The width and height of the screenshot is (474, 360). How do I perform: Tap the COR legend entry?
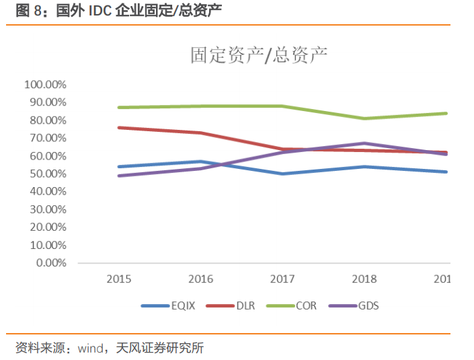[306, 306]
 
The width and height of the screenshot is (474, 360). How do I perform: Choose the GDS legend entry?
[368, 306]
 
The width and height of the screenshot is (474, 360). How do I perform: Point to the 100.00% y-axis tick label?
[44, 85]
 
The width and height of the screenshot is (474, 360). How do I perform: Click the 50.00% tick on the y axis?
[47, 174]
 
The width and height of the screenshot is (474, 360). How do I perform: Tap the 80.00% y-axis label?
[47, 120]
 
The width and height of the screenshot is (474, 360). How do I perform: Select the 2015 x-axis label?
[118, 279]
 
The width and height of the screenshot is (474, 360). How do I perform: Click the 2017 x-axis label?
[282, 279]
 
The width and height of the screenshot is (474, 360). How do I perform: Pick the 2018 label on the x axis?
[364, 279]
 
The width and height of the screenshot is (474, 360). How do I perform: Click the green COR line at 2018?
[364, 118]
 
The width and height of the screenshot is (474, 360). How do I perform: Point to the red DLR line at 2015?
[119, 127]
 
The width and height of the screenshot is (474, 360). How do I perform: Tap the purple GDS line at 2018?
[364, 143]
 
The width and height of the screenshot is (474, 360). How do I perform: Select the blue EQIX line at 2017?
[282, 174]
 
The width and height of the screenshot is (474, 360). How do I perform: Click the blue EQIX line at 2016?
[200, 161]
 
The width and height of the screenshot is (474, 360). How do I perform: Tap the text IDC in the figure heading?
[102, 11]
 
